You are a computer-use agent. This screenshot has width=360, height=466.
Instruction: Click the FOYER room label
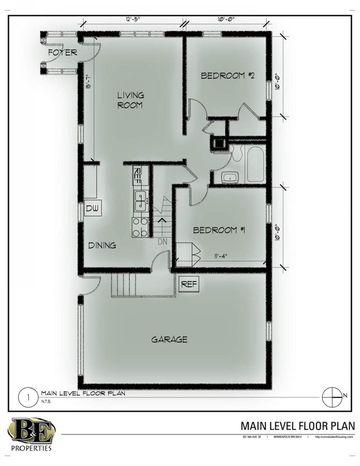pos(62,53)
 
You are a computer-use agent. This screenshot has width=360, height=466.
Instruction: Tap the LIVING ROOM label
pos(130,100)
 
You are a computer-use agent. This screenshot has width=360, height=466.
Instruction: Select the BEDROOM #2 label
pos(227,75)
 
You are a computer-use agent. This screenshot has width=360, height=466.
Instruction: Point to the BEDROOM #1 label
pos(219,230)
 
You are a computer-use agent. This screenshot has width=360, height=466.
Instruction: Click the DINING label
pos(102,245)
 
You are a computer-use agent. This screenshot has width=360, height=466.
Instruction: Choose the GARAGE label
pos(169,339)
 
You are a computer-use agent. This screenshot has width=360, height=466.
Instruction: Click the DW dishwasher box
pos(92,209)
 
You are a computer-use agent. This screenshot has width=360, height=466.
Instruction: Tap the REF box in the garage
pos(189,284)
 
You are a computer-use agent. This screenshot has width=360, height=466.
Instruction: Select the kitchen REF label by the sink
pos(138,176)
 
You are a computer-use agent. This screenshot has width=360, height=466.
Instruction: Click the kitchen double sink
pos(141,201)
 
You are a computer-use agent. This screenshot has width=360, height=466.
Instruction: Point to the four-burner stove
pos(140,227)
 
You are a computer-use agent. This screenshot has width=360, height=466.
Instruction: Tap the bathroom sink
pos(229,178)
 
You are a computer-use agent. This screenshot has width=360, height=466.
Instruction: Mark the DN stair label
pos(163,242)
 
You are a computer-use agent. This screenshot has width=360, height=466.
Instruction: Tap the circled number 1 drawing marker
pos(24,396)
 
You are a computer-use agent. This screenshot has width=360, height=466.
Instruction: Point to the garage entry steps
pos(124,285)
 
